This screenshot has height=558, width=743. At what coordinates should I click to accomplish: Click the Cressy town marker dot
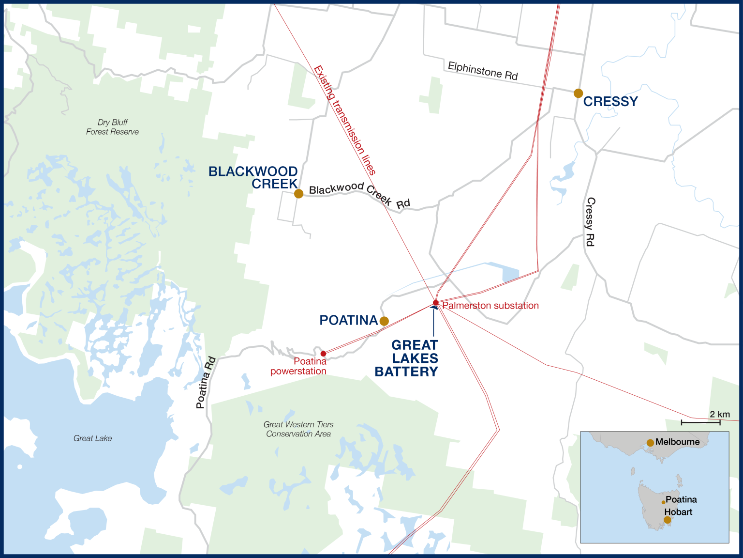[x=578, y=93]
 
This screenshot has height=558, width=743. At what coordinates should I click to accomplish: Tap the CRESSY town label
[x=610, y=102]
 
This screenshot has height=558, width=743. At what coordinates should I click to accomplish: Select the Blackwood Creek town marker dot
[x=299, y=194]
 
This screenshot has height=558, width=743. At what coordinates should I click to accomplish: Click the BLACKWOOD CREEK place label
[x=253, y=178]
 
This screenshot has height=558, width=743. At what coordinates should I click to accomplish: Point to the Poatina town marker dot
[x=384, y=321]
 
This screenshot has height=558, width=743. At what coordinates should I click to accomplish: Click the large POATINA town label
[x=348, y=320]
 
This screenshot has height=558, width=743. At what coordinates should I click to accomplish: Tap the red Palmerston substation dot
[x=435, y=303]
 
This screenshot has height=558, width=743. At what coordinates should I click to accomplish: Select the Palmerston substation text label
[x=490, y=306]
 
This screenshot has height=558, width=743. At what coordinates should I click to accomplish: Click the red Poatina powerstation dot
[x=323, y=354]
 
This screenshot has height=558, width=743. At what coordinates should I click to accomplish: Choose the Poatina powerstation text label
[x=298, y=366]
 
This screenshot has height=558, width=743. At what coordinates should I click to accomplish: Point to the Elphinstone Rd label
[x=483, y=71]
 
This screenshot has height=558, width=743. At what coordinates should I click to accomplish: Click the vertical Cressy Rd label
[x=590, y=221]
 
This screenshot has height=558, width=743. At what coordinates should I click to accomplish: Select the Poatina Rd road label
[x=206, y=383]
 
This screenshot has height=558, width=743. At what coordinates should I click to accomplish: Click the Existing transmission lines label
[x=344, y=120]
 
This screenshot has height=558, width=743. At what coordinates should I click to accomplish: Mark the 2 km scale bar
[x=700, y=422]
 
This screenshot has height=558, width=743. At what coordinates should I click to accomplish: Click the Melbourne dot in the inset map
[x=651, y=443]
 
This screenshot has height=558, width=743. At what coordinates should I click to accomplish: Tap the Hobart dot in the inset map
[x=668, y=520]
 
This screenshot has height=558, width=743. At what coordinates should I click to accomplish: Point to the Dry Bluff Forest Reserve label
[x=112, y=127]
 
